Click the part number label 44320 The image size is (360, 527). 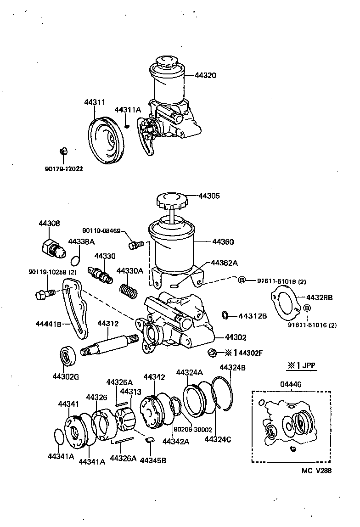tap(205, 75)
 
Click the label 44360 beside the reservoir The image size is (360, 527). tap(223, 241)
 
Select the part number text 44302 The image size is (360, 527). tap(235, 337)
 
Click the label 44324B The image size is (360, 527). tap(232, 367)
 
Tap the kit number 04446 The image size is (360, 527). tap(292, 384)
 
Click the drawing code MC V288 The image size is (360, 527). tap(316, 471)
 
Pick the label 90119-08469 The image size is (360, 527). tap(101, 230)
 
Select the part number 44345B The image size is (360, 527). tap(153, 460)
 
